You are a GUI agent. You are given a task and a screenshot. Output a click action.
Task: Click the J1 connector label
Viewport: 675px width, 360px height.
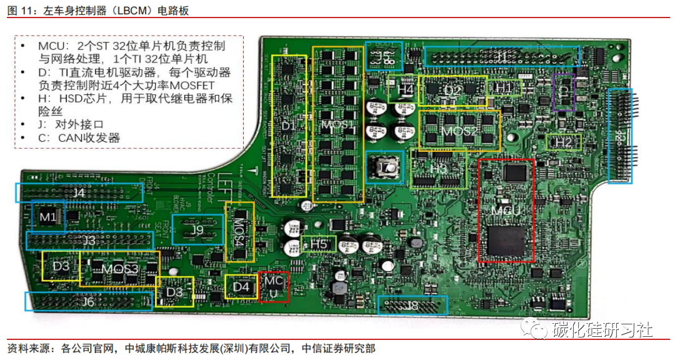(x=501, y=56)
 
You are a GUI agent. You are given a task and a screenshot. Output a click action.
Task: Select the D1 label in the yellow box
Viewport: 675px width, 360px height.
(x=288, y=126)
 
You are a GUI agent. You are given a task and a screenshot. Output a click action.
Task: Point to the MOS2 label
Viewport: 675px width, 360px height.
(x=459, y=132)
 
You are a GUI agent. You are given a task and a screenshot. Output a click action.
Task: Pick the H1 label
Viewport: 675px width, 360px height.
(x=504, y=88)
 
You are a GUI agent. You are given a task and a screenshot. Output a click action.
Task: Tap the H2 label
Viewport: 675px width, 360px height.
(x=563, y=142)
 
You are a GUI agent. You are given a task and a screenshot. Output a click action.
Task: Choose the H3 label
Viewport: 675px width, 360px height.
(x=439, y=168)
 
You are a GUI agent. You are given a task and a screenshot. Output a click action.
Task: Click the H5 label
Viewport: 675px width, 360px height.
(x=319, y=244)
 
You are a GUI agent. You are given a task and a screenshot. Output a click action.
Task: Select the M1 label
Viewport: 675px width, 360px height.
(x=48, y=217)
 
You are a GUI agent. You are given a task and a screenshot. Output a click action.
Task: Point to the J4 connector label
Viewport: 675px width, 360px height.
(x=79, y=193)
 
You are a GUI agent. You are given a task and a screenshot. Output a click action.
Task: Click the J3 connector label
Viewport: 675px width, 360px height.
(x=89, y=241)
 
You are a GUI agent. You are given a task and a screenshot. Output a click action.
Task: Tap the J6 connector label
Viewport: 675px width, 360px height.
(x=87, y=302)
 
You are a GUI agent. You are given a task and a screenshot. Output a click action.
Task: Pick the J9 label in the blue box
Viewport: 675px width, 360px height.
(x=197, y=230)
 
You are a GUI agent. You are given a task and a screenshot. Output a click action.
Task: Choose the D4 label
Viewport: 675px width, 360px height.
(x=241, y=287)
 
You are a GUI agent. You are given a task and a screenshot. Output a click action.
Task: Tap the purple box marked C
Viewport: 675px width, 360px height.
(x=564, y=91)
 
